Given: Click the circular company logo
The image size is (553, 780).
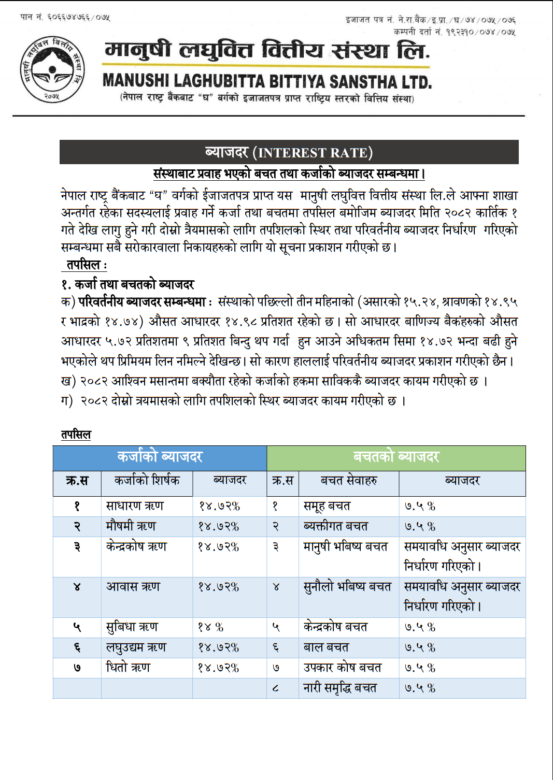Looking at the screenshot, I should (x=52, y=69).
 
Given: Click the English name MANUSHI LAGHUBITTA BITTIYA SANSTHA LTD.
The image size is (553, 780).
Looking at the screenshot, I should (x=267, y=81).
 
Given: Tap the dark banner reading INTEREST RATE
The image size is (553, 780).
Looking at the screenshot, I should (x=289, y=152).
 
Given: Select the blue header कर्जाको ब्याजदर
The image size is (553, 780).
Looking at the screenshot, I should (x=160, y=457).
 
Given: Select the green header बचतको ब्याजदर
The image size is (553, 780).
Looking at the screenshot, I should (x=396, y=457).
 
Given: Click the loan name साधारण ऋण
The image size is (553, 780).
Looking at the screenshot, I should (x=135, y=506).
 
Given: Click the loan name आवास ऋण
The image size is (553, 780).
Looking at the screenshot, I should (x=133, y=587).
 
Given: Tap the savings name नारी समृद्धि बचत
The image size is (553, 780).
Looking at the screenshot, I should (x=340, y=688).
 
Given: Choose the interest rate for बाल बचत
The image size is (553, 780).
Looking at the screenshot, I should (x=420, y=647).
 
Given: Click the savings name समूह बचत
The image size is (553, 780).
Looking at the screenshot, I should (x=327, y=506).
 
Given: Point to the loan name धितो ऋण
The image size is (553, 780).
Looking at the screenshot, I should (x=128, y=668).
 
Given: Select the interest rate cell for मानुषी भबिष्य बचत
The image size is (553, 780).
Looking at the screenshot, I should (x=462, y=556).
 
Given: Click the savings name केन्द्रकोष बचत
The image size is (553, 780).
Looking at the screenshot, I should (x=335, y=627).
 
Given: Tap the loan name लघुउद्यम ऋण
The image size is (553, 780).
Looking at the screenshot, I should (x=136, y=647).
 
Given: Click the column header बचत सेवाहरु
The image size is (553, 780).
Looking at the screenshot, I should (x=349, y=481).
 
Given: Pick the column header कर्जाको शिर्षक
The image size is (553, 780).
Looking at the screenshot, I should (x=147, y=481).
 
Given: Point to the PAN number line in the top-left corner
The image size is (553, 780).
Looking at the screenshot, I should (x=65, y=17).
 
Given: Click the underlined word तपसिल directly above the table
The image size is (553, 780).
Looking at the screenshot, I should (x=76, y=435).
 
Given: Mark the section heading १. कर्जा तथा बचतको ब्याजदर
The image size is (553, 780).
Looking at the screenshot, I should (x=127, y=284).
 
